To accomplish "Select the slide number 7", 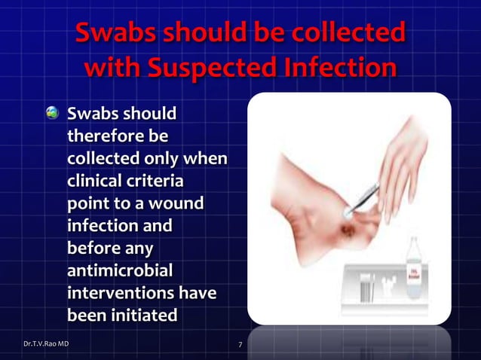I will point(240,346).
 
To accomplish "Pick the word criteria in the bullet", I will point(158,182).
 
